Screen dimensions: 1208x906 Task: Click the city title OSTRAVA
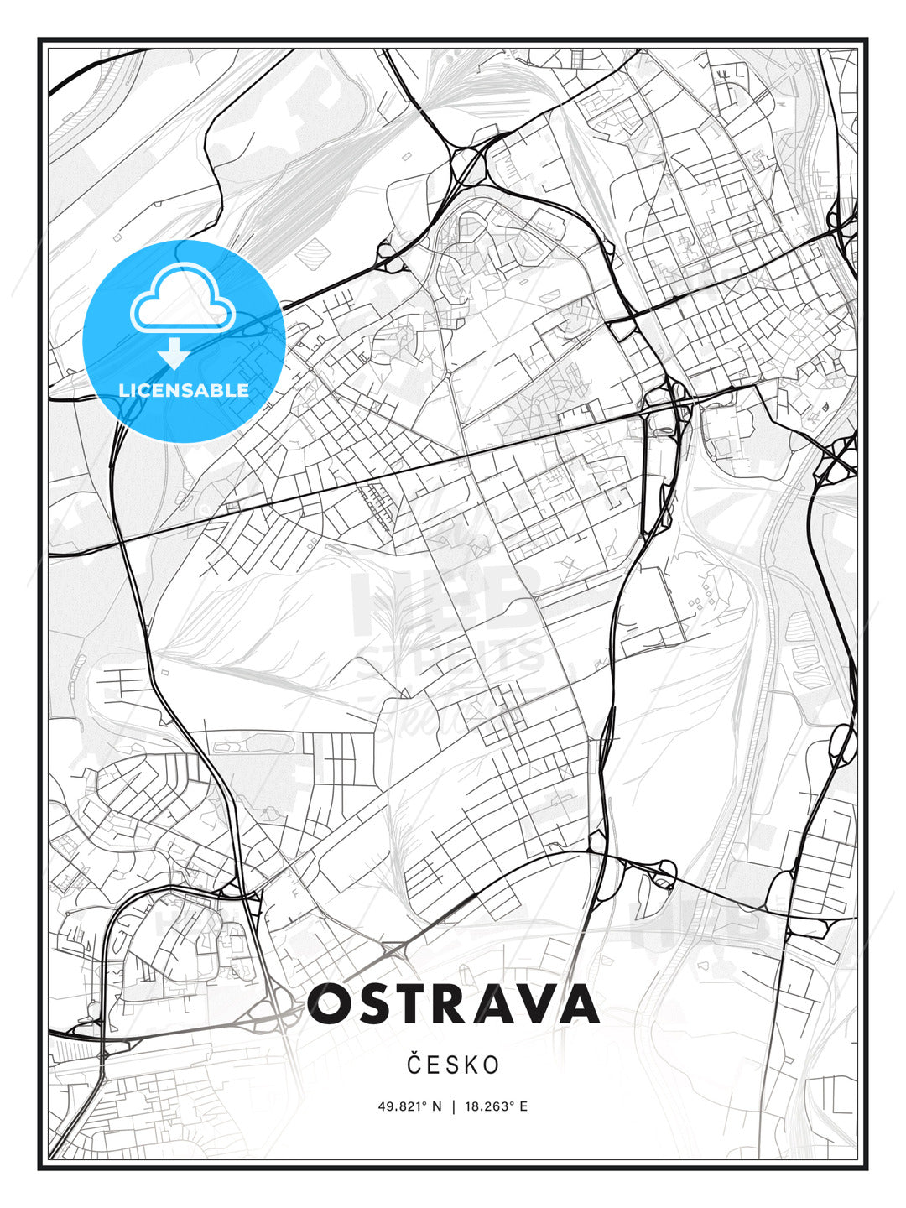[453, 1004]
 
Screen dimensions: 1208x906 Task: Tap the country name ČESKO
[453, 1065]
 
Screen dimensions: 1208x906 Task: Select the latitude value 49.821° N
[409, 1106]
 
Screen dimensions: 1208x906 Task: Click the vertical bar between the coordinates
[453, 1106]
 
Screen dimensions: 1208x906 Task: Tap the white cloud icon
[183, 298]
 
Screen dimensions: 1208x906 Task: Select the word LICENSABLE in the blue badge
[184, 390]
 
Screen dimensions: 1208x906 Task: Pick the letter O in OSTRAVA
[333, 1004]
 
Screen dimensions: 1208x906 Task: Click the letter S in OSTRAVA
[378, 1004]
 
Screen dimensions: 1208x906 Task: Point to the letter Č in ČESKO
[414, 1065]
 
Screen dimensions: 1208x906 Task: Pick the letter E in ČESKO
[433, 1065]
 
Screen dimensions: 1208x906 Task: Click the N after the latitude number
[437, 1106]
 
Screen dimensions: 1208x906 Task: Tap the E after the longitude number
[523, 1106]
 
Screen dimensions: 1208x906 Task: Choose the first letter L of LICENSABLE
[123, 390]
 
